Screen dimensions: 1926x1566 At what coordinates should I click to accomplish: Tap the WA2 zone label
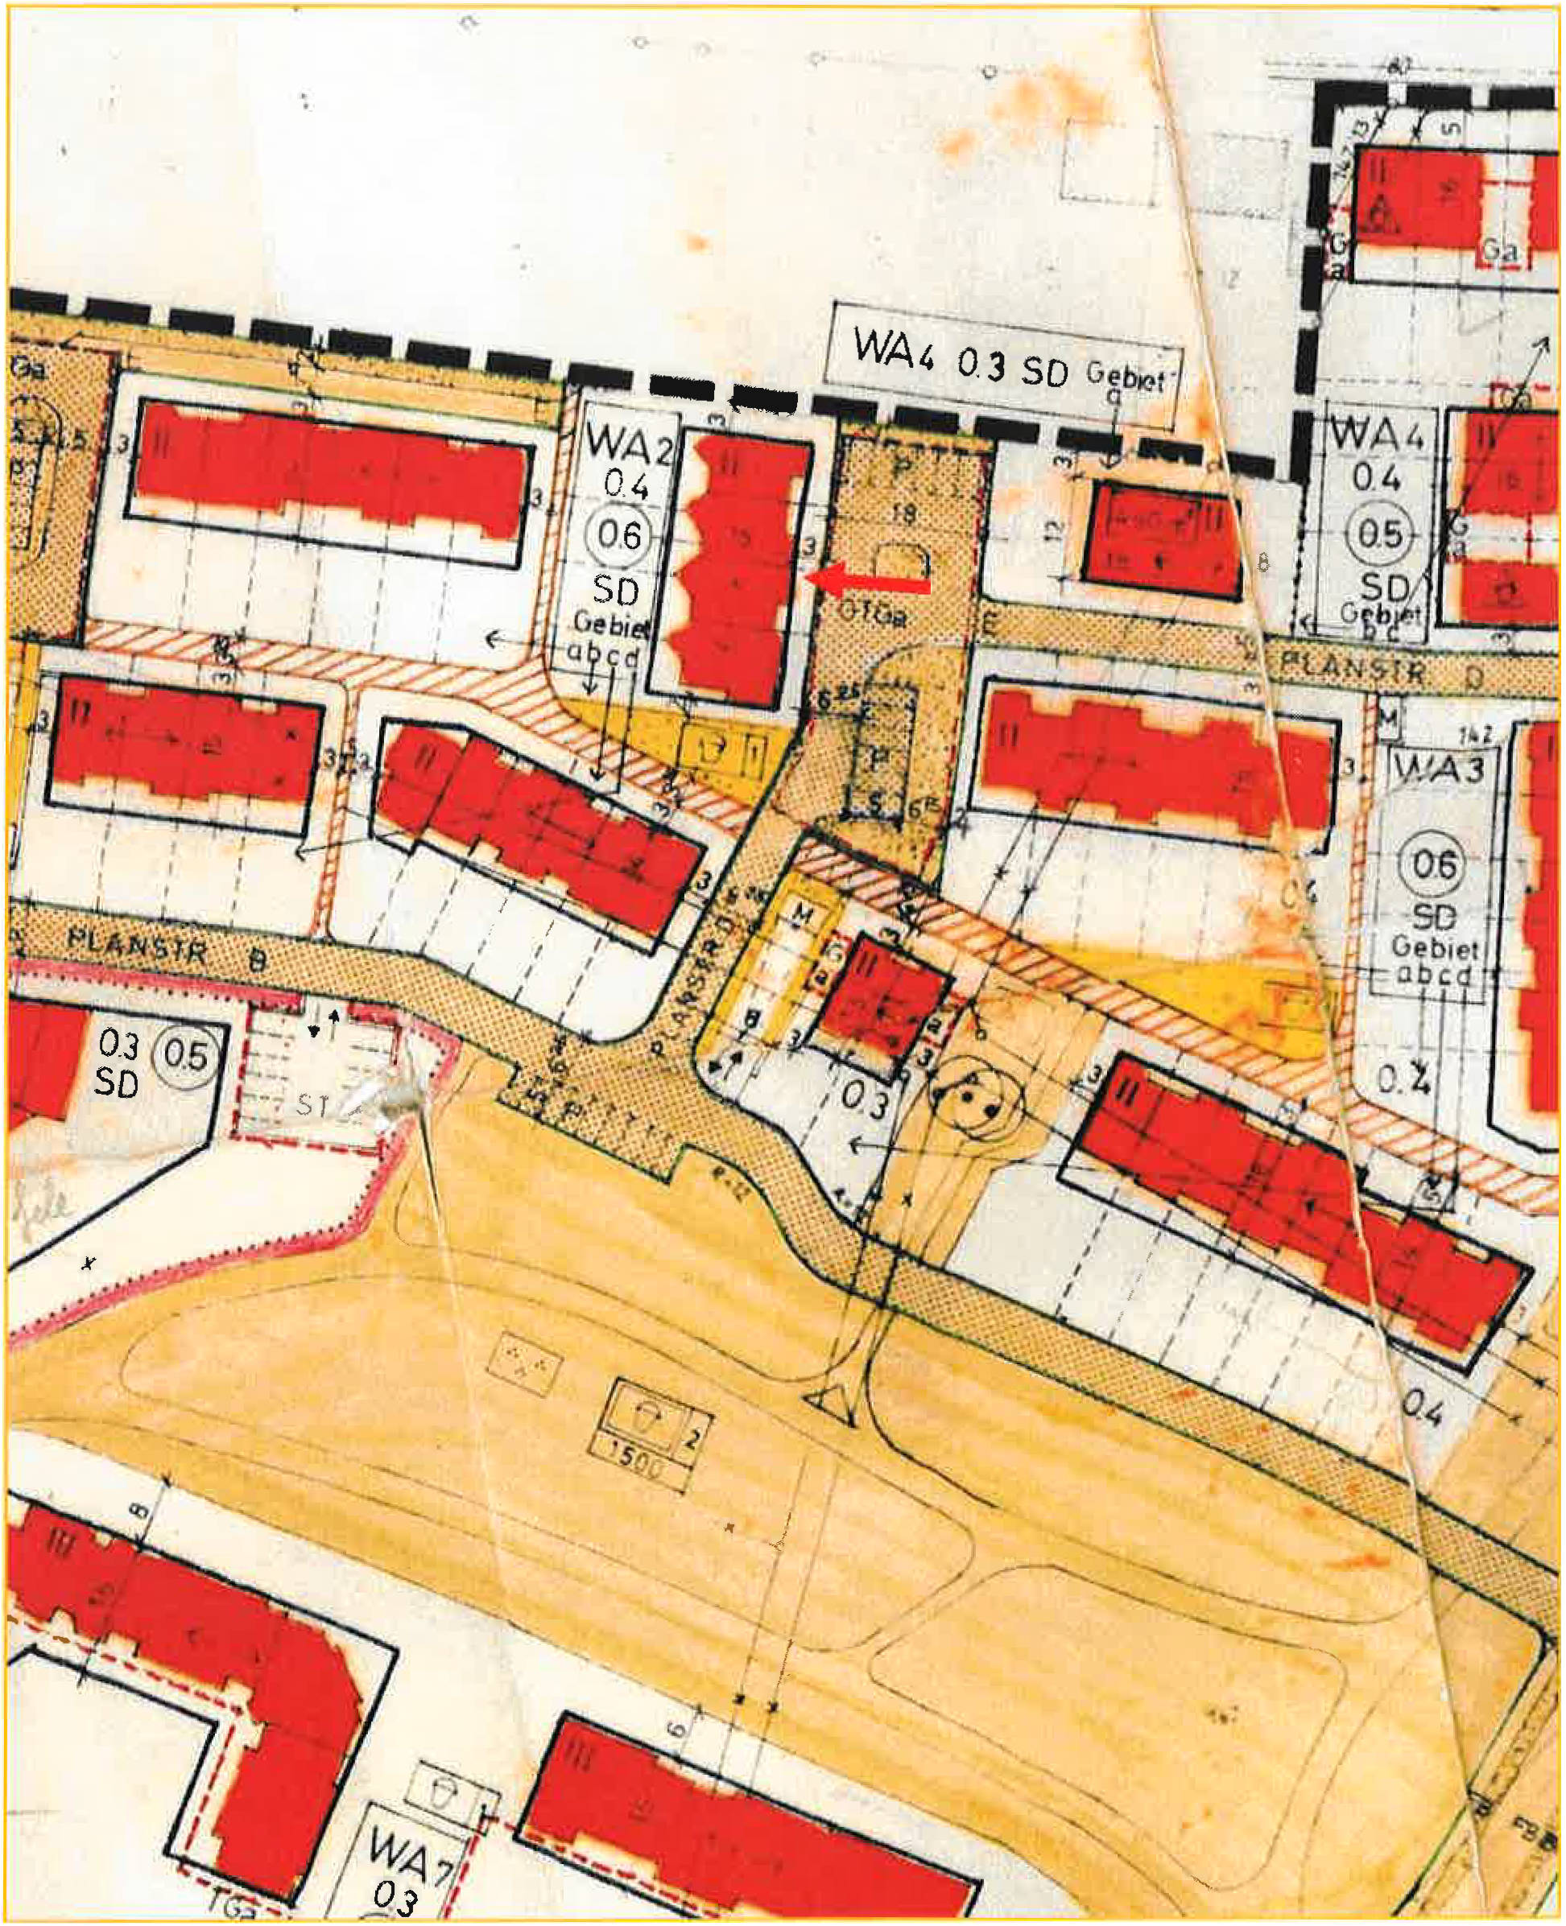[x=629, y=442]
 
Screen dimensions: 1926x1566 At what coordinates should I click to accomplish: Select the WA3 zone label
[x=1438, y=769]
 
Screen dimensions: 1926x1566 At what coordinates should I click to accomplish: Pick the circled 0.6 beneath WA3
[x=1433, y=864]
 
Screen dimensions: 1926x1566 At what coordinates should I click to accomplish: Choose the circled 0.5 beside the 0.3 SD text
[x=187, y=1056]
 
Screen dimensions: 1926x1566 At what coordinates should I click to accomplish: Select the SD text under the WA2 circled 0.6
[x=616, y=590]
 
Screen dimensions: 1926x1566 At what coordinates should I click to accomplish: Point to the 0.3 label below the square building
[x=867, y=1100]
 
